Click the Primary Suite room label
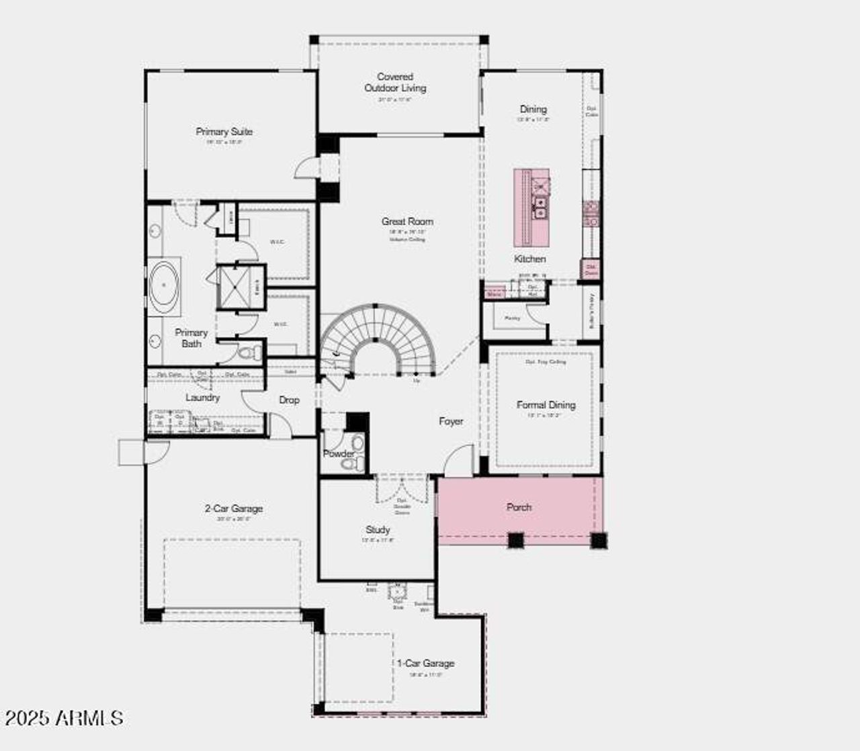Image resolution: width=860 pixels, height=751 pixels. pos(224,132)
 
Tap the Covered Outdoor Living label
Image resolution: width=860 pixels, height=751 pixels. pos(395,83)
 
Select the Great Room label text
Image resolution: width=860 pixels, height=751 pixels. pos(407,221)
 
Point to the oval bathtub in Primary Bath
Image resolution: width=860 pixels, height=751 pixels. pos(164,285)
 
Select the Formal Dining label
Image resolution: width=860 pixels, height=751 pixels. pos(546,405)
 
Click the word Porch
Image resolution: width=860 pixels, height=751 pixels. pos(519,507)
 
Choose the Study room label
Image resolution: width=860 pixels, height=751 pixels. pos(378,529)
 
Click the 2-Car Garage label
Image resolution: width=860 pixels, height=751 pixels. pos(233,509)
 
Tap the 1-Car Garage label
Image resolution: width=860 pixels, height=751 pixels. pos(425,663)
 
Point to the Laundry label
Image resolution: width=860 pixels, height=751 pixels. pos(202,398)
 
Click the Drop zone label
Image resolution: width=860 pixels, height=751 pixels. pos(289,400)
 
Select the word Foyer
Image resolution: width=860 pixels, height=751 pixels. pos(451,421)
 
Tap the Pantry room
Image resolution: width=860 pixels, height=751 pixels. pos(513,318)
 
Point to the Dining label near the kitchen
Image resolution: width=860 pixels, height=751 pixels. pos(533,109)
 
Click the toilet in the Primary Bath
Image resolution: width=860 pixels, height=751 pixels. pos(249,352)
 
